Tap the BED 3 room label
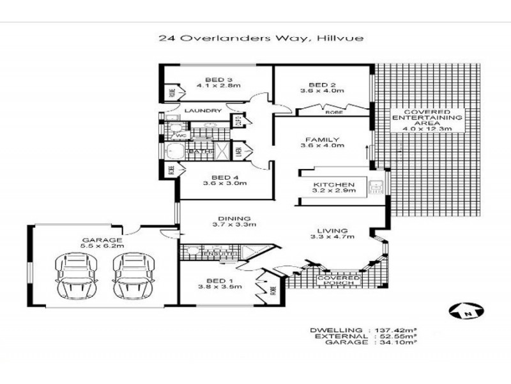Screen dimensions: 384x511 coord(209,81)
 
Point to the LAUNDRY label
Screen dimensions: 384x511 coord(202,111)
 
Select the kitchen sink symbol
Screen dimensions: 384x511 coord(377,187)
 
